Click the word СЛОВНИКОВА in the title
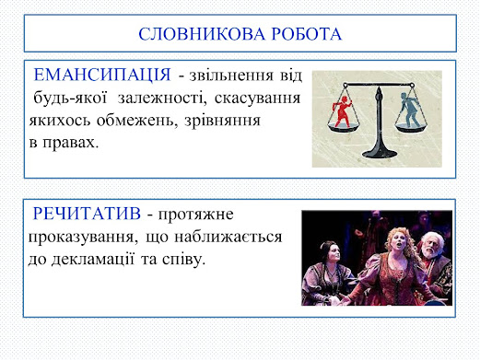coord(202,34)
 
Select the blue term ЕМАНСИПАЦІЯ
coord(102,75)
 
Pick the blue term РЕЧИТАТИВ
coord(87,214)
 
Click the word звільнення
coord(231,75)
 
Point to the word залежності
coord(162,99)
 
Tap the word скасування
coord(257,99)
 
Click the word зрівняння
coord(222,122)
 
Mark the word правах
coord(71,144)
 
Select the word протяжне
coord(195,215)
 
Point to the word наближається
coord(228,237)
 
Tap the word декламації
coord(92,260)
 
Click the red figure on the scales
coord(342,110)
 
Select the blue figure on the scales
coord(409,110)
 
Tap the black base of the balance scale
coord(379,152)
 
